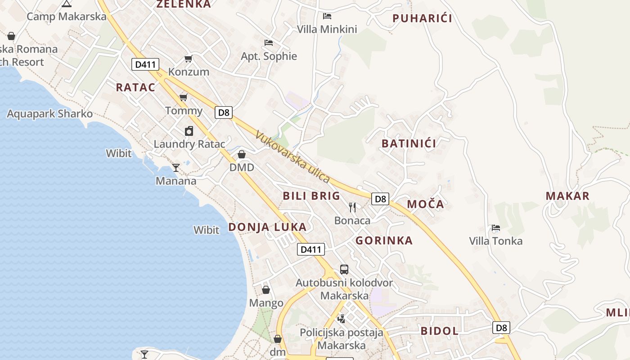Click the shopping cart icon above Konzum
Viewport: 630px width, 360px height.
(x=189, y=59)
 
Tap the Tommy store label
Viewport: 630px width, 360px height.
(x=184, y=110)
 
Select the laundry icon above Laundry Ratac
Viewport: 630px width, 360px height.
(x=189, y=131)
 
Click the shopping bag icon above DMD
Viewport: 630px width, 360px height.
(x=242, y=154)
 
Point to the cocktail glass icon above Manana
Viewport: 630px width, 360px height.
(x=176, y=168)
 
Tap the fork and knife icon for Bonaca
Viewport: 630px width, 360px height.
(x=352, y=207)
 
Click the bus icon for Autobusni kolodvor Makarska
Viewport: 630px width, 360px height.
(x=344, y=270)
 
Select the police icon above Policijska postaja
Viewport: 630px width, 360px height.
(x=342, y=319)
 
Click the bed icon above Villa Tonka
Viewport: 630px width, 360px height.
(x=496, y=228)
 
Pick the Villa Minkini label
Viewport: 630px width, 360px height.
(x=327, y=29)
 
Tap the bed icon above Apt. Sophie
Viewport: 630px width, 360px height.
(x=269, y=43)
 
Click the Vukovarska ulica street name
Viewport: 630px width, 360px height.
(x=292, y=157)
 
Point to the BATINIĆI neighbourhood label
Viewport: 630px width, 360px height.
(x=409, y=144)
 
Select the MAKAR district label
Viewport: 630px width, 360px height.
(x=567, y=196)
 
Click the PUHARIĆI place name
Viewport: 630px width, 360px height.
(x=422, y=18)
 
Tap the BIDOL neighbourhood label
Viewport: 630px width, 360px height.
(x=439, y=331)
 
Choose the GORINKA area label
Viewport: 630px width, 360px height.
(x=384, y=241)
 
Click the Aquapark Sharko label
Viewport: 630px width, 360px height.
(x=49, y=114)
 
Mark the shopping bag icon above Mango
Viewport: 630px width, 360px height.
(x=266, y=290)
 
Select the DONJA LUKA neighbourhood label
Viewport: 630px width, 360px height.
(x=267, y=227)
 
